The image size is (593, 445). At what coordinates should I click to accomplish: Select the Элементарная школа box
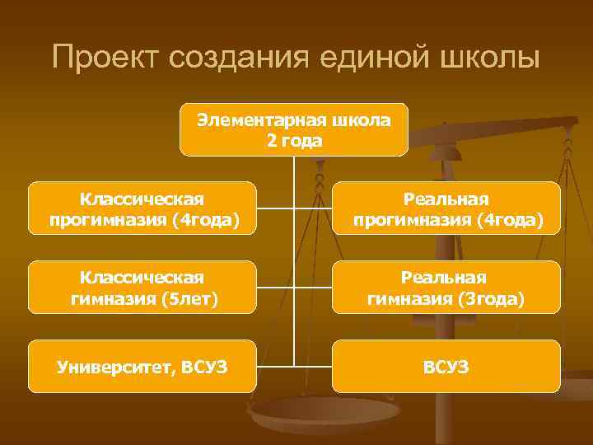294,129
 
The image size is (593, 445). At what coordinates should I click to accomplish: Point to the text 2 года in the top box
294,140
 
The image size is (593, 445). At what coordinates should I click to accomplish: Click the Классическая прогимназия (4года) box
142,209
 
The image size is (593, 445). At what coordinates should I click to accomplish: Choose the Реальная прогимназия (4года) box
446,209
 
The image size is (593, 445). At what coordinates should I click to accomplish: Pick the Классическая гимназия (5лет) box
142,288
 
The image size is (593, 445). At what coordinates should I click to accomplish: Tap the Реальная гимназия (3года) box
446,288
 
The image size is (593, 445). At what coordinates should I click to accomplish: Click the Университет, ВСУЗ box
142,366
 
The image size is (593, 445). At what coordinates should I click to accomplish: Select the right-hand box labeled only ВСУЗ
446,366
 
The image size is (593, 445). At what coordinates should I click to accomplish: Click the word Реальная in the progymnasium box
446,199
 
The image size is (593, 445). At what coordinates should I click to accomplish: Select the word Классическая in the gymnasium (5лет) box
142,278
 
